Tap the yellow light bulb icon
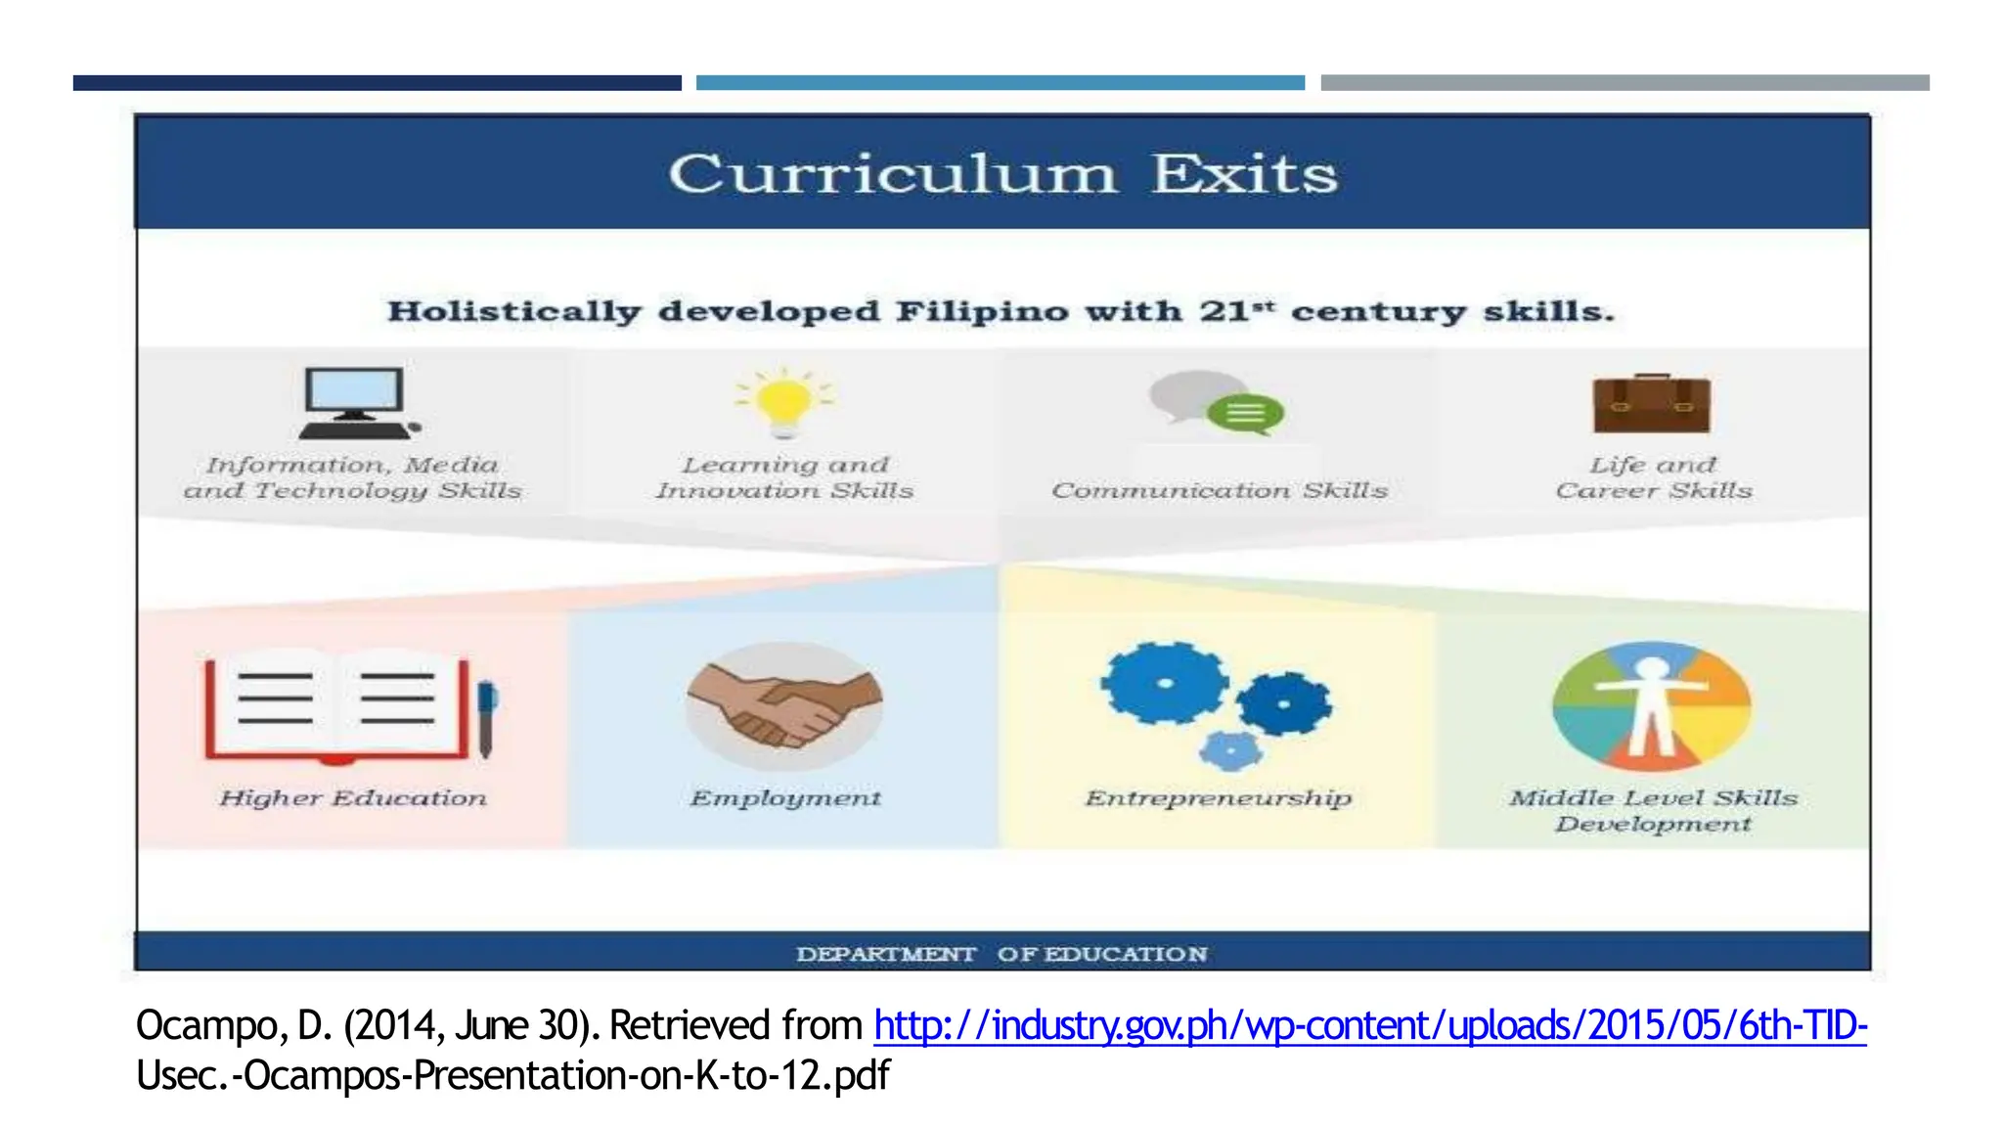tap(782, 401)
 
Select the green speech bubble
tap(1245, 414)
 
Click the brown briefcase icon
tap(1652, 404)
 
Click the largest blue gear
tap(1164, 683)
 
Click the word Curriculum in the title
tap(892, 175)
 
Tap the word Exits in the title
tap(1244, 175)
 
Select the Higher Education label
tap(352, 798)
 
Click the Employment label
tap(785, 798)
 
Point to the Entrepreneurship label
tap(1219, 798)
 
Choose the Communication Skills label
tap(1220, 490)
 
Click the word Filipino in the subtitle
tap(982, 312)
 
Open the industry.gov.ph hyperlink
tap(1369, 1025)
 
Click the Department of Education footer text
tap(1001, 954)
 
